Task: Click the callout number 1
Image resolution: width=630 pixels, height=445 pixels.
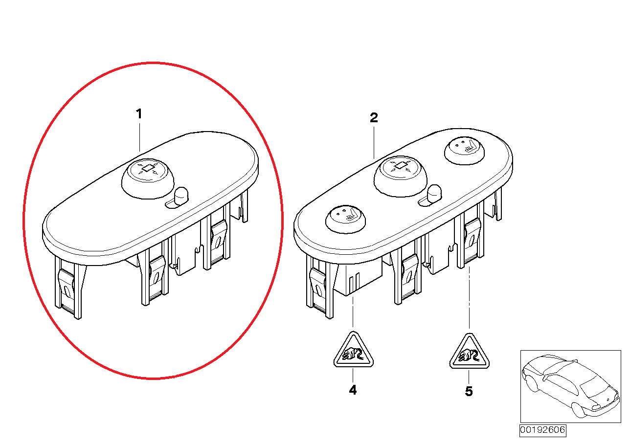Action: click(139, 114)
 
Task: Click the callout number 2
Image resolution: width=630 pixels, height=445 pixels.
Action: click(374, 117)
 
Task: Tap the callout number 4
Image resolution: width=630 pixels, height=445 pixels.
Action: click(353, 390)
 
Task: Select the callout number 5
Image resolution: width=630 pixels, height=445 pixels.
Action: click(469, 391)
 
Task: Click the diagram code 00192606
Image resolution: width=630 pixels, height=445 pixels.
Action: click(542, 430)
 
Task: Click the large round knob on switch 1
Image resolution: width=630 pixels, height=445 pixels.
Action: click(148, 178)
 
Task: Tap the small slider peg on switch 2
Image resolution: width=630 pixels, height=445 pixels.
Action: click(434, 193)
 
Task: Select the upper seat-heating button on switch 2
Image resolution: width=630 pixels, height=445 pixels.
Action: click(464, 151)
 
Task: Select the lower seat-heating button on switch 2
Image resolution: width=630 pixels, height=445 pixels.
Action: click(346, 219)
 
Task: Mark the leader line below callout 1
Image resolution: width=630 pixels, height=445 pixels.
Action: click(139, 137)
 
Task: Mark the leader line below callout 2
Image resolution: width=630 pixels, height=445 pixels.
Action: click(374, 143)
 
